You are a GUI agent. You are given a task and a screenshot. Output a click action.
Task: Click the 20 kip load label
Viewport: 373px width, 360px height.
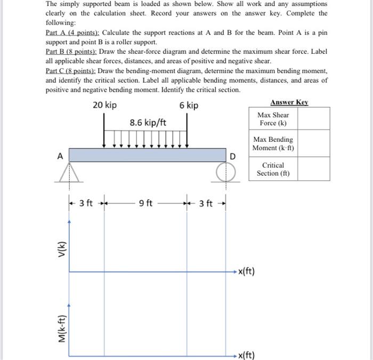104,105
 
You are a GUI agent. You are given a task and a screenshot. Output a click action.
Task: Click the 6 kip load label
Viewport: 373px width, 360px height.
189,105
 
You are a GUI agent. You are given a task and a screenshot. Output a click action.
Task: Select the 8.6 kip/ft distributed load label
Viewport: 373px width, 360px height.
148,123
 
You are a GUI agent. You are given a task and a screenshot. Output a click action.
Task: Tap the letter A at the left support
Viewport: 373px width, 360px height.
60,156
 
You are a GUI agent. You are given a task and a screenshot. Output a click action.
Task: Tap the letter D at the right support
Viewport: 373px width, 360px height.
232,156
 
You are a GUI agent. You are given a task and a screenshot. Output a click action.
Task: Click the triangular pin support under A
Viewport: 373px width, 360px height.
69,173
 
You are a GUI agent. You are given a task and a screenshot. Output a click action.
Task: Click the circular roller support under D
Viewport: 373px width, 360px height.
225,171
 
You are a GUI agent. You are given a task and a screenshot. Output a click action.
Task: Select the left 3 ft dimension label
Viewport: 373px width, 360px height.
86,203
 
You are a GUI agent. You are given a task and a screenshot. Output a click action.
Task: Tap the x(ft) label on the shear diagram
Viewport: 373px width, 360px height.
246,272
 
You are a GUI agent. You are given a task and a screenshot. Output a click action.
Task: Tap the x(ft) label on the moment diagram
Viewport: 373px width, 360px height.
246,355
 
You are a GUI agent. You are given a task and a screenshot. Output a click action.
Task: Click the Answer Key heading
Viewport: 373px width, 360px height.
289,102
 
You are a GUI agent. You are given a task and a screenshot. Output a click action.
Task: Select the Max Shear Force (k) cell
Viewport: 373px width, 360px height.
273,119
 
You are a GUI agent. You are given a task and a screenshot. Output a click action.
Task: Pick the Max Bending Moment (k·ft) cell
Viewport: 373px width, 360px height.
273,143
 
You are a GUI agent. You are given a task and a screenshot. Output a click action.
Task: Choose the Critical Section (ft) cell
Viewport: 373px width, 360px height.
273,169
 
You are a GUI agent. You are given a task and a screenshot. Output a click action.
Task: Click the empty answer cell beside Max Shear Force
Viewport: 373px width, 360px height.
313,119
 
